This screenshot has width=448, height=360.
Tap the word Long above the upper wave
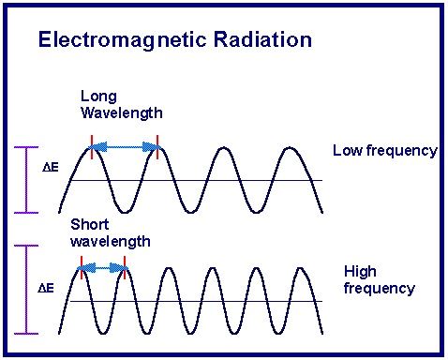tap(97, 97)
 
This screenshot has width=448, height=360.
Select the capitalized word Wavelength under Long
tap(122, 112)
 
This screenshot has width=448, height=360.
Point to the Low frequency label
tap(384, 151)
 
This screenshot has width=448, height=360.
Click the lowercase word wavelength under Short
tap(111, 241)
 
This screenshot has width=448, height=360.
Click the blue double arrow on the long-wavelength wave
tap(125, 146)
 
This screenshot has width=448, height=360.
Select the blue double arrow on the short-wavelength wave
tap(103, 268)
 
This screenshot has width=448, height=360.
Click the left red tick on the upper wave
tap(91, 142)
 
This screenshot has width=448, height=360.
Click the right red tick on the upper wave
tap(158, 142)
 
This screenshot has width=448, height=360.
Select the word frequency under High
tap(379, 288)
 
